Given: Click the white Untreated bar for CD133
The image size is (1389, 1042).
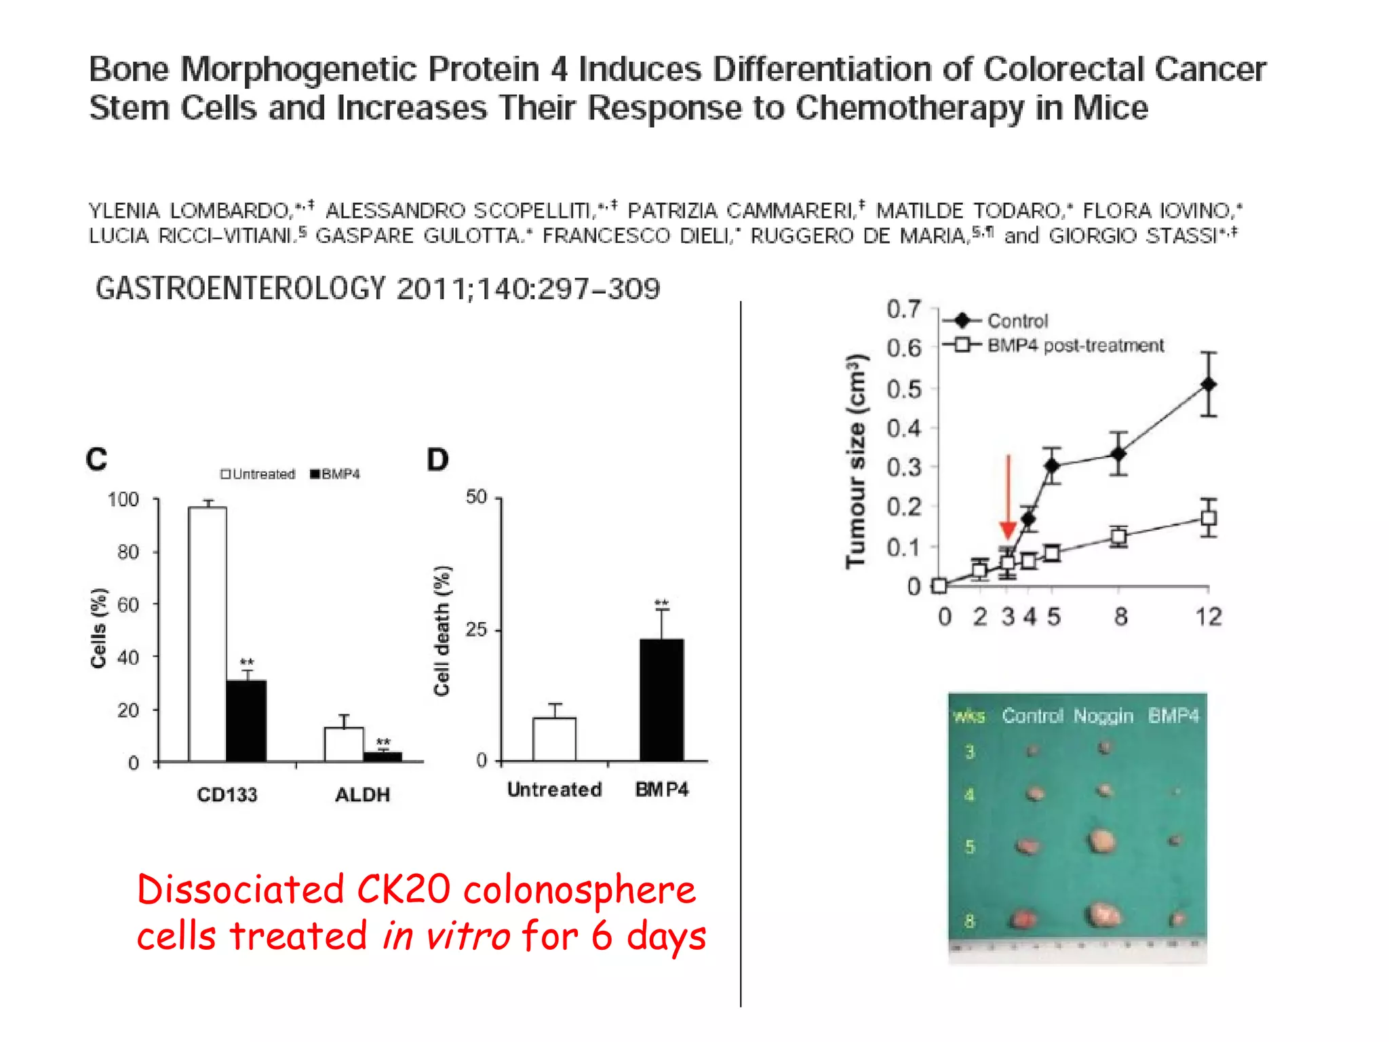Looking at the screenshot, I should click(x=208, y=634).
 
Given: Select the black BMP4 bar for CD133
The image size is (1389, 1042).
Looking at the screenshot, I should click(x=246, y=720).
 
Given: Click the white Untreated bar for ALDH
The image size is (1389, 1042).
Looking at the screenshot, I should click(x=344, y=744).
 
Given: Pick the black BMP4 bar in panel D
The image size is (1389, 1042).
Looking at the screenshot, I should click(x=661, y=699).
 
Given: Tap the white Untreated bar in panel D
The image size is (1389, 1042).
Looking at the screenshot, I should click(x=554, y=739).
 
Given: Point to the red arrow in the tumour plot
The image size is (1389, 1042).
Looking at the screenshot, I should click(x=1008, y=499).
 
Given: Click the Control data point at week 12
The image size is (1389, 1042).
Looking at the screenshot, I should click(x=1208, y=385).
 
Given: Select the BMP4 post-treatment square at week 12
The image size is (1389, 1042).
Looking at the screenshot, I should click(x=1208, y=519).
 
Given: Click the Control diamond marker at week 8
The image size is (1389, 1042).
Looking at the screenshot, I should click(x=1118, y=453).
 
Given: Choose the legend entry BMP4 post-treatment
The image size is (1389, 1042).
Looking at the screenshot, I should click(x=1075, y=346).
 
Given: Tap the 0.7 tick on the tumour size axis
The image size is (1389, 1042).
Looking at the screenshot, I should click(x=904, y=309).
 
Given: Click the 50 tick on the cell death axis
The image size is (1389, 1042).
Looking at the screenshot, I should click(x=477, y=497).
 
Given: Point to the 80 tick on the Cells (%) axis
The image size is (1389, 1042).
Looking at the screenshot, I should click(x=128, y=552).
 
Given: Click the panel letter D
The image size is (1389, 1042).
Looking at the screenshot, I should click(x=437, y=460).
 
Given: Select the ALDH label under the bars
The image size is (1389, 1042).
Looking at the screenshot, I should click(x=362, y=794).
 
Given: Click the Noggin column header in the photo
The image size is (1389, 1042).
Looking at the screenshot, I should click(x=1103, y=716).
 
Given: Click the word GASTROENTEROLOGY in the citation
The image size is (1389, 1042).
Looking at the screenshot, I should click(x=241, y=289).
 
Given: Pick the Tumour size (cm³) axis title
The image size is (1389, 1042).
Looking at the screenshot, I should click(x=857, y=461).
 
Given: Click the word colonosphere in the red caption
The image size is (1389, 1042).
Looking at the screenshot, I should click(x=579, y=890).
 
